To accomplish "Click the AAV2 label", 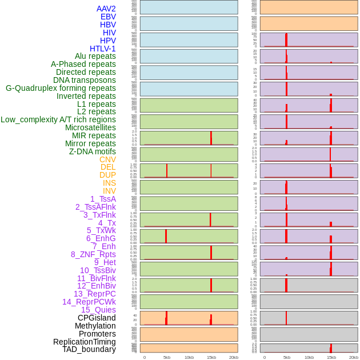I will [x=106, y=9].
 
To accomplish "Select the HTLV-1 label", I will [x=102, y=49].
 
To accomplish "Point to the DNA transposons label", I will [x=85, y=80].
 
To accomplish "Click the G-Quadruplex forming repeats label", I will [x=61, y=88].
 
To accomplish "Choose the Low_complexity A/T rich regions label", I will [x=58, y=119].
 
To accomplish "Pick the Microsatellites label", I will [x=90, y=127].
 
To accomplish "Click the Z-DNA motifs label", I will [x=92, y=151].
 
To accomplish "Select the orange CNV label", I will [x=107, y=159].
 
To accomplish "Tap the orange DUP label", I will [x=107, y=175].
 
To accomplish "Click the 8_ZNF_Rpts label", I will [x=93, y=254].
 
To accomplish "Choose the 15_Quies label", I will [x=98, y=310].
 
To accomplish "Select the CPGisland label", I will [x=97, y=318].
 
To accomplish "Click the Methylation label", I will [x=95, y=326].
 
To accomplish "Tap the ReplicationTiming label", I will [x=84, y=342].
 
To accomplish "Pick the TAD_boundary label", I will [x=89, y=349].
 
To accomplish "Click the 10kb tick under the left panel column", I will [x=189, y=357].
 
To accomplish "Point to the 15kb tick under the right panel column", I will [x=331, y=357].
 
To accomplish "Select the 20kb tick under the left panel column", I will [x=234, y=357].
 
